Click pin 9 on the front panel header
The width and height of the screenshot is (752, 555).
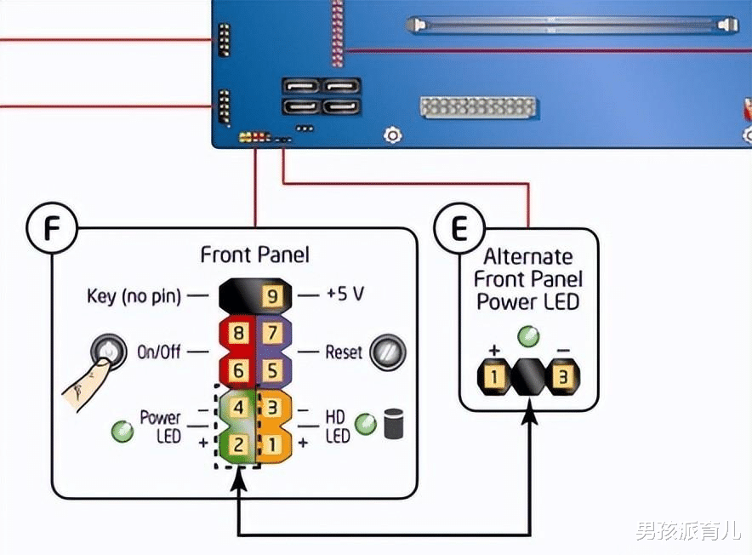[x=271, y=296]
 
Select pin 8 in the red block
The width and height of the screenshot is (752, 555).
[x=239, y=333]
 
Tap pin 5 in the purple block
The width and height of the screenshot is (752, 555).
[x=272, y=370]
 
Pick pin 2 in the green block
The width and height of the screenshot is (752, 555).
[x=239, y=443]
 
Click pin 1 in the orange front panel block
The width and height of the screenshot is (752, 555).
[x=272, y=443]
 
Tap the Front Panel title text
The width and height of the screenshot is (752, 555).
[x=254, y=255]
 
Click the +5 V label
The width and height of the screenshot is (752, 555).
[x=345, y=295]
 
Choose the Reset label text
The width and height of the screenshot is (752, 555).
[x=344, y=352]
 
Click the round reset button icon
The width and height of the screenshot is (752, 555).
[x=387, y=352]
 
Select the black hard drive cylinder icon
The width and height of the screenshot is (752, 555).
[x=393, y=424]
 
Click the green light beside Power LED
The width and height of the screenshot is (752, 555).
[x=122, y=431]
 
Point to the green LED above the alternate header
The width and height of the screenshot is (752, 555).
[x=528, y=335]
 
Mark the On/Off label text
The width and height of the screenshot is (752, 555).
[x=159, y=352]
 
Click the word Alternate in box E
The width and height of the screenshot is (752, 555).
[x=528, y=257]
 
